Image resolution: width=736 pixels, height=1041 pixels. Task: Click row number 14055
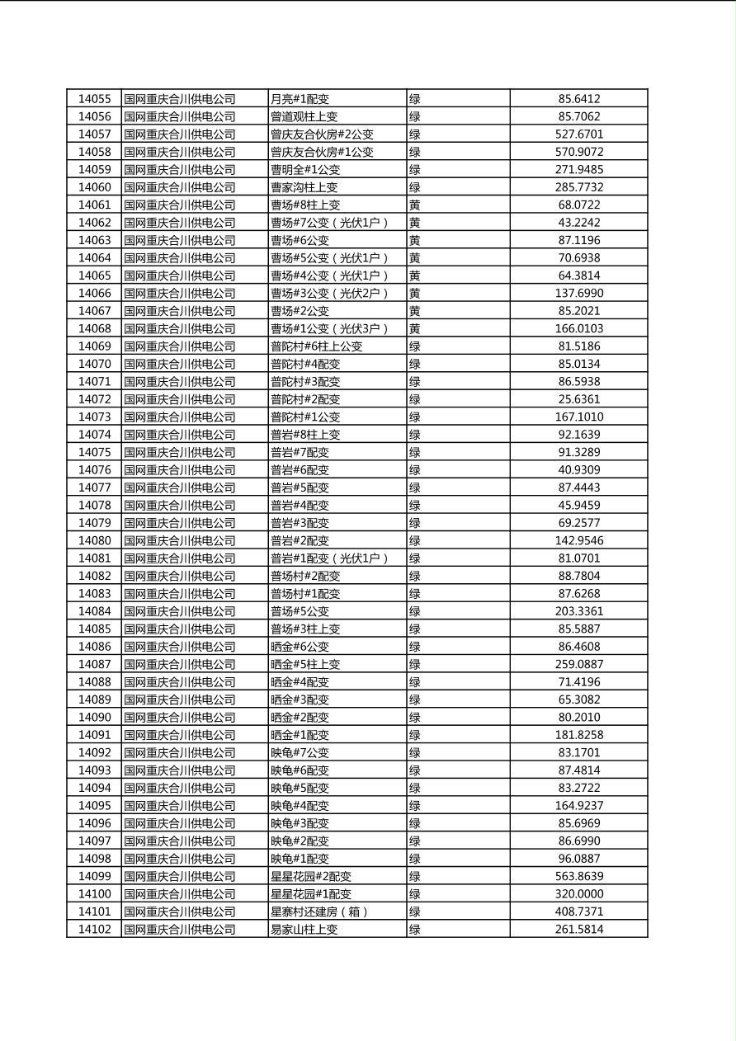(94, 99)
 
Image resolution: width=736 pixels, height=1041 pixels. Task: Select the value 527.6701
(578, 134)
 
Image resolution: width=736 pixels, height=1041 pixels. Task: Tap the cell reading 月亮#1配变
(300, 99)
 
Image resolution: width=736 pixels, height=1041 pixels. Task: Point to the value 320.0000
(578, 894)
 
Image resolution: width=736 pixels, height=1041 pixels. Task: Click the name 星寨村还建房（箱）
(319, 911)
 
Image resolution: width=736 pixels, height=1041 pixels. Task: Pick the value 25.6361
(578, 399)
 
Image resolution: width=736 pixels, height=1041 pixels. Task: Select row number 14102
(94, 930)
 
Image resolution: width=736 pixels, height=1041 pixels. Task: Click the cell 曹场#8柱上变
(305, 205)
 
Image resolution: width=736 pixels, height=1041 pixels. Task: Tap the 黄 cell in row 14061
(415, 205)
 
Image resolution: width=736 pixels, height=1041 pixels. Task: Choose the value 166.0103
(578, 328)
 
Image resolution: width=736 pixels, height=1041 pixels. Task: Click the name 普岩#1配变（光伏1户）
(329, 558)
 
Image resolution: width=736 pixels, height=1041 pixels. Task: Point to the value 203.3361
(578, 611)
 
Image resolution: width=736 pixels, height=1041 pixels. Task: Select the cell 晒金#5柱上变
(305, 664)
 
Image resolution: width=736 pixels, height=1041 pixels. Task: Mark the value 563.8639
(578, 876)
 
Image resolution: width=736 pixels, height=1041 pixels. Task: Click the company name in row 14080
(180, 540)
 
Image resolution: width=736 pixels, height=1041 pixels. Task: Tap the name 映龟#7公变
(300, 752)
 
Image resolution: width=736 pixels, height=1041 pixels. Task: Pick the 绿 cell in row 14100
(415, 894)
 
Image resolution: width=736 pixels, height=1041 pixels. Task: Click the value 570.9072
(578, 152)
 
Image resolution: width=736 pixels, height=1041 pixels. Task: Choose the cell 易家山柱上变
(304, 930)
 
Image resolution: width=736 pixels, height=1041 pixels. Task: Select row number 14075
(94, 452)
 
